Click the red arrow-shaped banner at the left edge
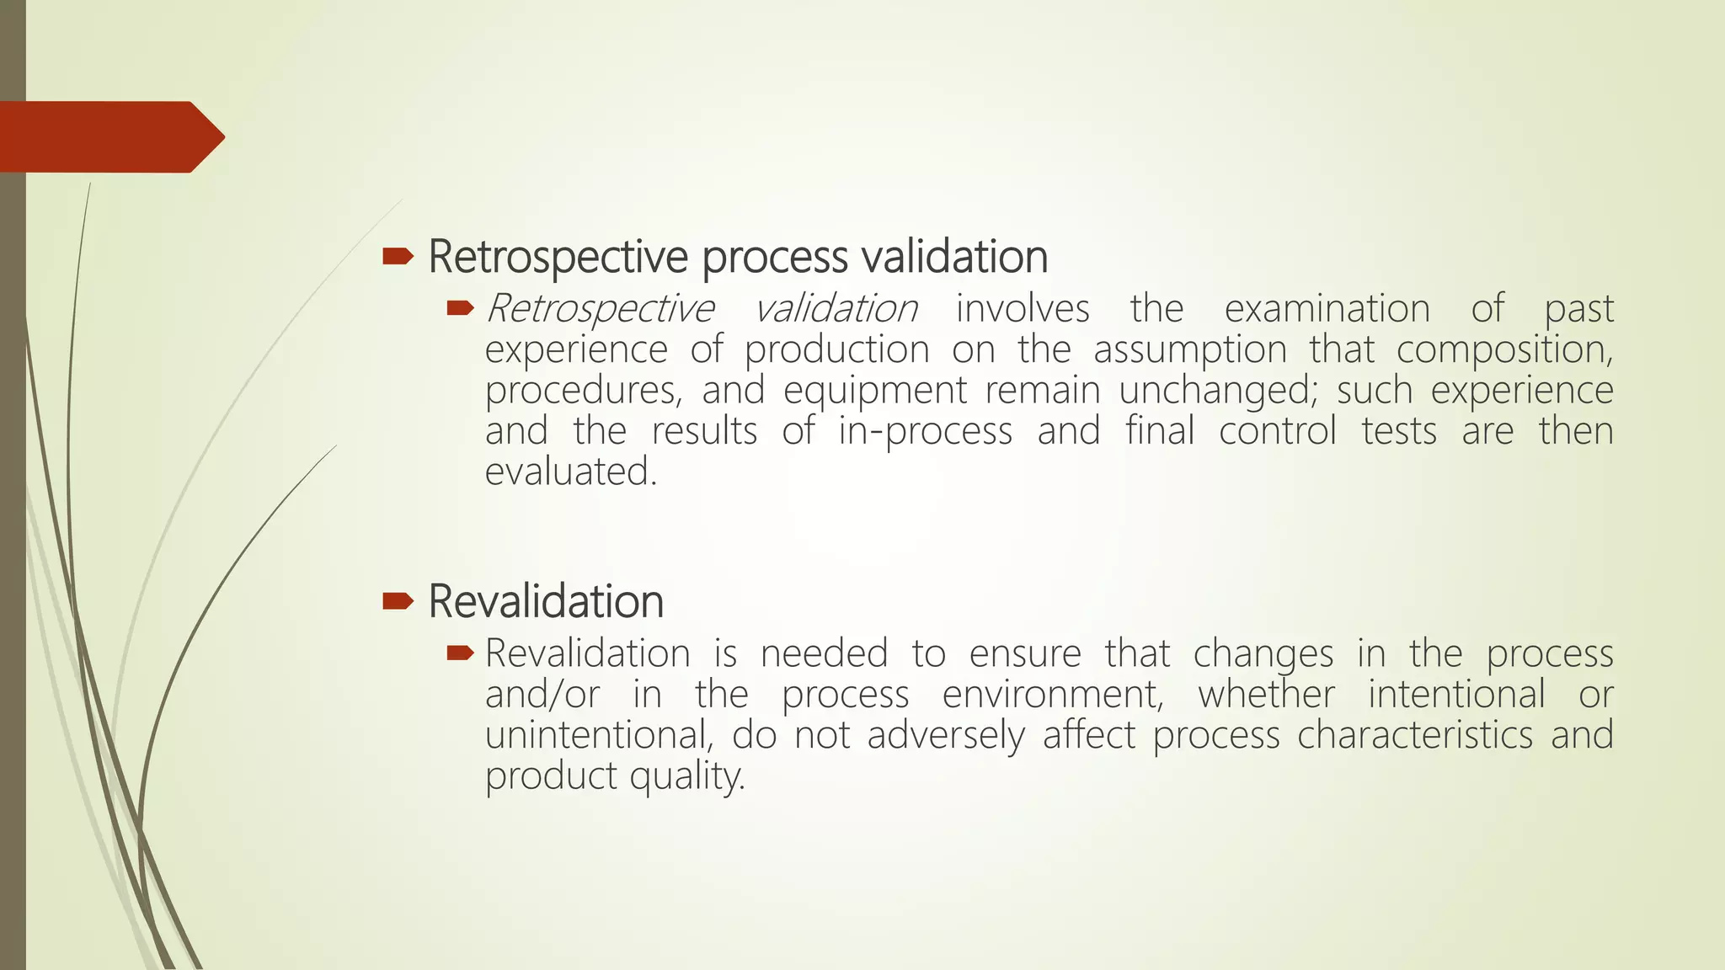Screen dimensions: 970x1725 109,136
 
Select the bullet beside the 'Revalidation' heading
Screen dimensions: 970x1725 398,600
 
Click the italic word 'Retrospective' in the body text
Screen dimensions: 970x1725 600,308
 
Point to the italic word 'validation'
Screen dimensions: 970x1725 835,308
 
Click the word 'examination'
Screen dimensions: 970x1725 1327,308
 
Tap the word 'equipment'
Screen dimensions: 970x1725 875,390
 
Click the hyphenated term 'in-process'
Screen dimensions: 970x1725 925,431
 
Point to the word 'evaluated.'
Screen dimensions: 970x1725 570,472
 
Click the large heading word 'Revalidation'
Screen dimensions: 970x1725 546,601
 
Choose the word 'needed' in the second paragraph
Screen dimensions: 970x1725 824,653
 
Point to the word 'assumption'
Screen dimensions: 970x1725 1190,349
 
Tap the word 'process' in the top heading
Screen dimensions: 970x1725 775,258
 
